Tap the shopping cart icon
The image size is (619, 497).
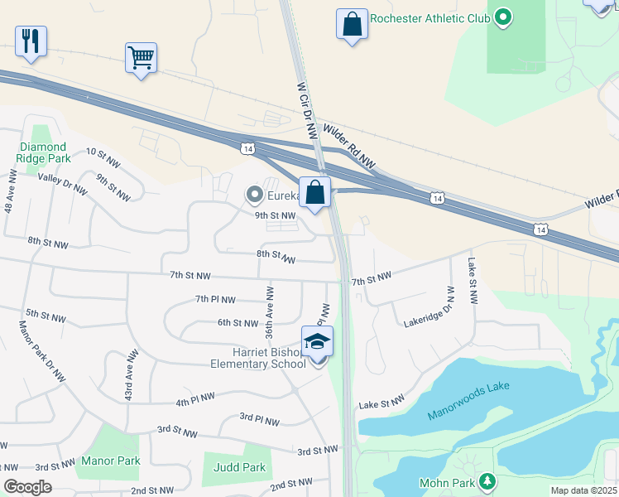click(141, 58)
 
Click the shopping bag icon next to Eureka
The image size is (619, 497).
click(314, 194)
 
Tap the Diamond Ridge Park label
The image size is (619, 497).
click(44, 152)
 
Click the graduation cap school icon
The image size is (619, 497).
click(316, 342)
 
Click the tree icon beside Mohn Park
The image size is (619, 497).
click(488, 481)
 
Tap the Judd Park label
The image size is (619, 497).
click(240, 467)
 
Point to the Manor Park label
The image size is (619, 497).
click(111, 461)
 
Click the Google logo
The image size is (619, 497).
click(27, 487)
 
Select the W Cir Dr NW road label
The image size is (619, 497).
click(306, 109)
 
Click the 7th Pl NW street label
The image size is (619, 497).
click(215, 299)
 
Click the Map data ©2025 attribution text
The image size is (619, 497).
click(583, 490)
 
